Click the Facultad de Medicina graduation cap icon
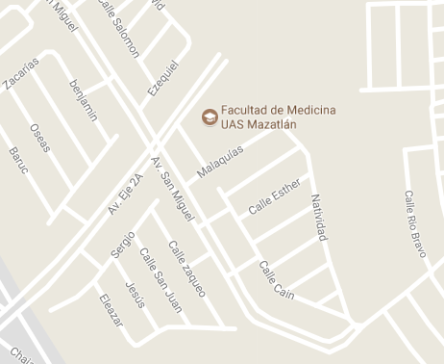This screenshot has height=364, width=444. tap(209, 117)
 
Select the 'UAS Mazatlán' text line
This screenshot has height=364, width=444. tap(259, 124)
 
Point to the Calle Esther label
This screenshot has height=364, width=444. tap(275, 195)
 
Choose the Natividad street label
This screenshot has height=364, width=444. tap(318, 217)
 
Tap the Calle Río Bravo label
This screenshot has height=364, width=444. tap(415, 223)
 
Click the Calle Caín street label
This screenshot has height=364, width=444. tap(276, 279)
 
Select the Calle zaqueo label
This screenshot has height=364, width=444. tap(186, 268)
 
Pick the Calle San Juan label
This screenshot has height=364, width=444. tap(160, 280)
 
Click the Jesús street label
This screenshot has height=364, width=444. tap(136, 295)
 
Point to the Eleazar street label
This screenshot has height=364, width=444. tap(111, 309)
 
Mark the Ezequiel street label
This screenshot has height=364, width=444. tap(162, 77)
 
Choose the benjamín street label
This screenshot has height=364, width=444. tap(84, 99)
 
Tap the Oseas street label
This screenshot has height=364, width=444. tap(39, 138)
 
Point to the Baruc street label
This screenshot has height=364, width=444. tap(18, 160)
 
